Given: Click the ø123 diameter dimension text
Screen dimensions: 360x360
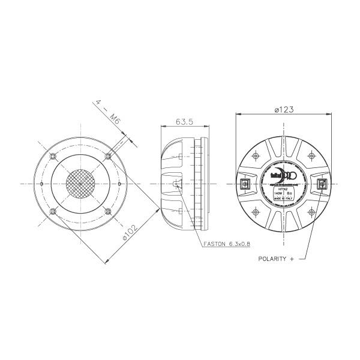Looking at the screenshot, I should click(284, 109).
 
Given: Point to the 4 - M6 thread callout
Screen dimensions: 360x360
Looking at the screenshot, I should click(108, 112).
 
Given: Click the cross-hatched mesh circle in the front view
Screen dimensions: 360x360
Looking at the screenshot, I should click(80, 183).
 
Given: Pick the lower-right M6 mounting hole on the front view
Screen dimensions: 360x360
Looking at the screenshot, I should click(107, 210).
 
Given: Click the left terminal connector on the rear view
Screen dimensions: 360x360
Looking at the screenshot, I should click(245, 184).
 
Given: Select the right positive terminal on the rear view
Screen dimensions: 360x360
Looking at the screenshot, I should click(321, 184).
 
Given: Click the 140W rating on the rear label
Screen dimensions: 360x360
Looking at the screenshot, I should click(278, 194).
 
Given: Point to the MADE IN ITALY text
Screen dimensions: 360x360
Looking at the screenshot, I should click(283, 200).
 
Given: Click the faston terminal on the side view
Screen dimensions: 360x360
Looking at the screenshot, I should click(175, 184).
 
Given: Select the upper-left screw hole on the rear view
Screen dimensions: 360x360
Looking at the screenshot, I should click(256, 156).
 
